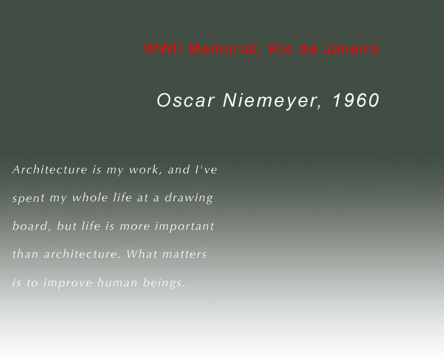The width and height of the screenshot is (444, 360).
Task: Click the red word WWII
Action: [164, 49]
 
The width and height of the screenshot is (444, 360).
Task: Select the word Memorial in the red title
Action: [224, 50]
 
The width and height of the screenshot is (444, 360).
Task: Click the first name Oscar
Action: [185, 100]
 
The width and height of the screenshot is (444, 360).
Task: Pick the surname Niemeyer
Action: [272, 100]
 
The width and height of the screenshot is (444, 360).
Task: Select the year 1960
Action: [356, 100]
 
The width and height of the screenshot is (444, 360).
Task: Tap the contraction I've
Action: [206, 170]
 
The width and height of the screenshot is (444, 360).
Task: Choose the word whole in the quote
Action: [90, 197]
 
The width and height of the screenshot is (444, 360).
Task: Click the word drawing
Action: [188, 198]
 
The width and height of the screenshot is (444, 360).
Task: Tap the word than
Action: [25, 254]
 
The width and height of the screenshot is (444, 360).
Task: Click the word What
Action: [141, 254]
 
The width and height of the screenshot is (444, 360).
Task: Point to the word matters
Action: [185, 254]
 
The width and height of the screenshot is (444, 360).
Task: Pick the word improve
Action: [67, 283]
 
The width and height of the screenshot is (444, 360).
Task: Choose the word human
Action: [117, 283]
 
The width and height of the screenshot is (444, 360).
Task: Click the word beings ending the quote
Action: [164, 283]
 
